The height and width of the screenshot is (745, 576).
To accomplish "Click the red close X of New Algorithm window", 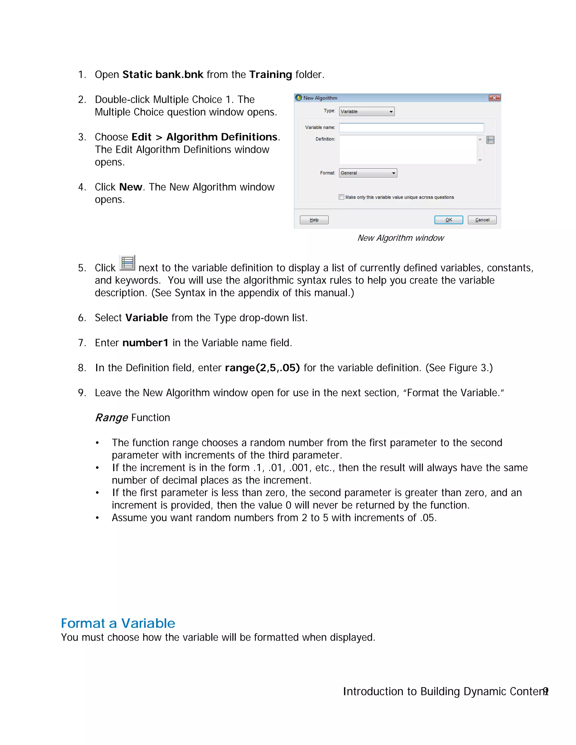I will (494, 98).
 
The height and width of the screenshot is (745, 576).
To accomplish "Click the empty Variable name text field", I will (411, 128).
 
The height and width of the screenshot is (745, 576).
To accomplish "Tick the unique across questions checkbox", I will (341, 197).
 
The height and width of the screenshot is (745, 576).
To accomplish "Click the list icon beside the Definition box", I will (490, 140).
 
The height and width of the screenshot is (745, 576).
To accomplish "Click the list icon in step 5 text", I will (127, 263).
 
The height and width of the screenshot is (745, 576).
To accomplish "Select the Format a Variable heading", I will (118, 623).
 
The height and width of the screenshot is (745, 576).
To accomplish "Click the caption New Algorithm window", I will (400, 238).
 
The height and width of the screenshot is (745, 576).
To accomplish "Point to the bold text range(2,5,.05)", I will (262, 368).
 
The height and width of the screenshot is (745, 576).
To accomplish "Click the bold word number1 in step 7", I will (145, 343).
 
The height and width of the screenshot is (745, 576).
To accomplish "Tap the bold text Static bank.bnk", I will (163, 74).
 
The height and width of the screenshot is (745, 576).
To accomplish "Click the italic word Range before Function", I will (111, 417).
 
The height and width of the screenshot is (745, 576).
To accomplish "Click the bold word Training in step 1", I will (270, 74).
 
